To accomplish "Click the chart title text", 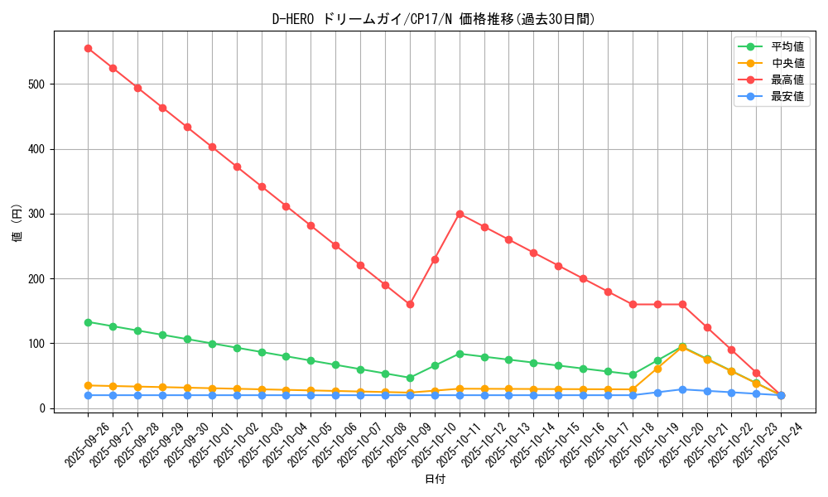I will (x=433, y=19).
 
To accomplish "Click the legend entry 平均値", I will (x=787, y=46).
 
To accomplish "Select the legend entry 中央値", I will (x=787, y=63).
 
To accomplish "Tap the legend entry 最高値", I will (x=787, y=80).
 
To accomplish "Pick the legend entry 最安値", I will (x=787, y=96).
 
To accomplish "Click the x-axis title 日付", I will (x=435, y=480).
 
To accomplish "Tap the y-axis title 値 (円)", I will (x=17, y=224).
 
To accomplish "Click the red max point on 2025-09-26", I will (x=88, y=48).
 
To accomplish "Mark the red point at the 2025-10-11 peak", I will (x=460, y=214).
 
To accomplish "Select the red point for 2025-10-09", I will (x=410, y=304).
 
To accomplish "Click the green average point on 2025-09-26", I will (x=88, y=322).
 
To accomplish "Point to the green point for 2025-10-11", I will (x=460, y=354).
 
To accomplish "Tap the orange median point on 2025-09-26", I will (x=88, y=385).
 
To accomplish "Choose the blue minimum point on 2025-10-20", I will (x=682, y=389).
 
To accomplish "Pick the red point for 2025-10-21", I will (x=707, y=327).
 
